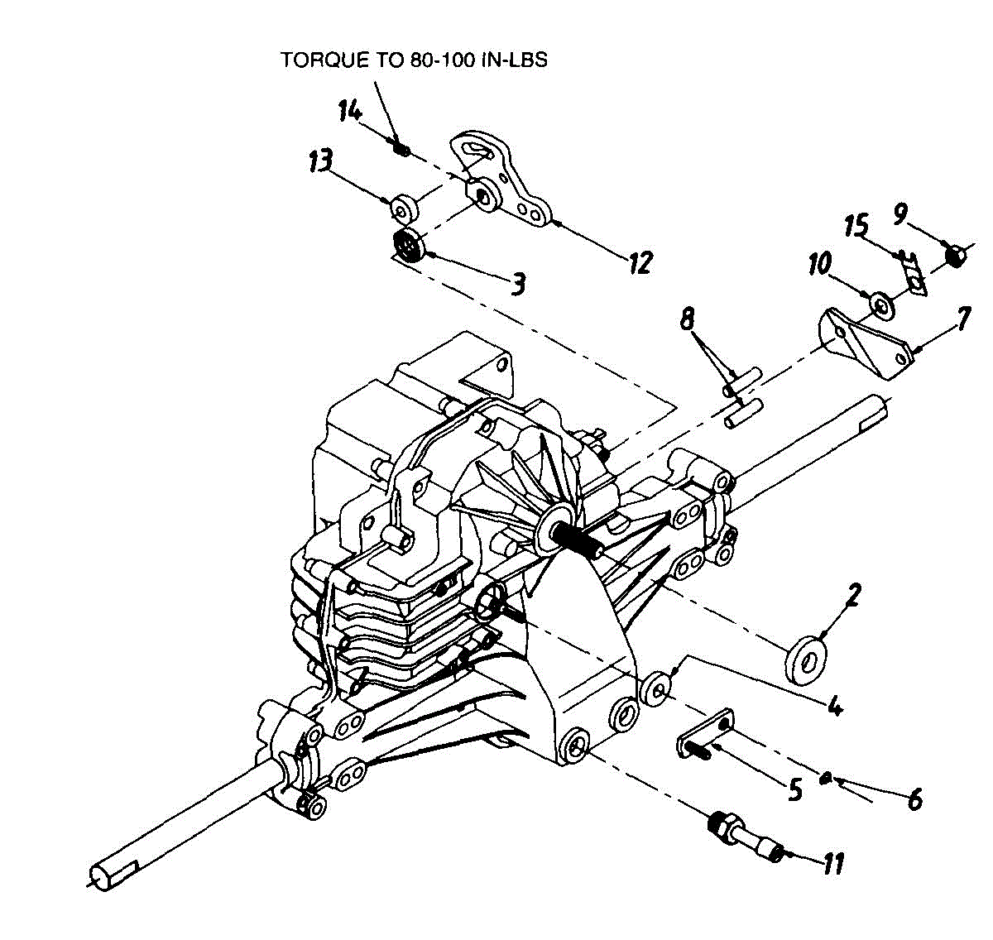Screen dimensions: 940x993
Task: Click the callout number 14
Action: pos(349,110)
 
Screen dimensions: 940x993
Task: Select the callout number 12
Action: pos(640,262)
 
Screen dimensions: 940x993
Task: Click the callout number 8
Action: pos(688,319)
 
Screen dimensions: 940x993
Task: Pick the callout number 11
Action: pos(832,865)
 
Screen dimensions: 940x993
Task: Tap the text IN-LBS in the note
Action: pos(514,60)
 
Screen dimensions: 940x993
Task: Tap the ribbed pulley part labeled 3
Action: pos(408,246)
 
